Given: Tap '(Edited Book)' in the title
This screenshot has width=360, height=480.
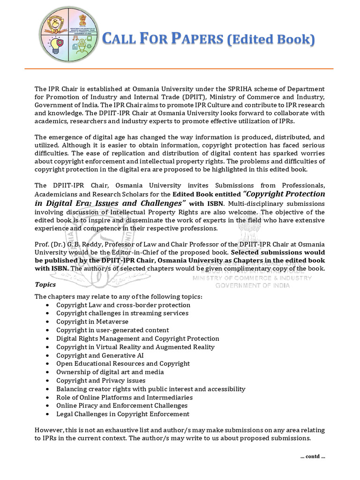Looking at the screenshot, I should [270, 40].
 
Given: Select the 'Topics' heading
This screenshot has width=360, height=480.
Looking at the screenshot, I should [45, 285].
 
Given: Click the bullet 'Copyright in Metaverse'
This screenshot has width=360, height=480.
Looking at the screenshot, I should [92, 322].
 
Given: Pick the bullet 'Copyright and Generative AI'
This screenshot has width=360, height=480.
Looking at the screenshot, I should [100, 355].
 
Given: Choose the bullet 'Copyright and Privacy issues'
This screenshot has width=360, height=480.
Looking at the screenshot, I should [101, 381].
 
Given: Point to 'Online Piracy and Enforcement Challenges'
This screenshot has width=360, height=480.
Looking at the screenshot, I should [122, 405].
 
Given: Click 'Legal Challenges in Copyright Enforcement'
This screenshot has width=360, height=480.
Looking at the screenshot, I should [123, 414].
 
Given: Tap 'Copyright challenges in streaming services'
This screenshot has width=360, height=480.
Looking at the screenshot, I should [122, 313].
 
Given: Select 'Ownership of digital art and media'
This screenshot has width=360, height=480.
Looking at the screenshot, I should [110, 372].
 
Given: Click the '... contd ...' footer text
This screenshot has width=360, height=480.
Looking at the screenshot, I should [312, 457].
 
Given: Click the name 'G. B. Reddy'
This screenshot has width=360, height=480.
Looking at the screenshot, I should [85, 244].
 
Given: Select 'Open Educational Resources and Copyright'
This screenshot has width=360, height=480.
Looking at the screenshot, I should [123, 364].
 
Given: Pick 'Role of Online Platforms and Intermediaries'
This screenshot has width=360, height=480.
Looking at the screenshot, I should [124, 397].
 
